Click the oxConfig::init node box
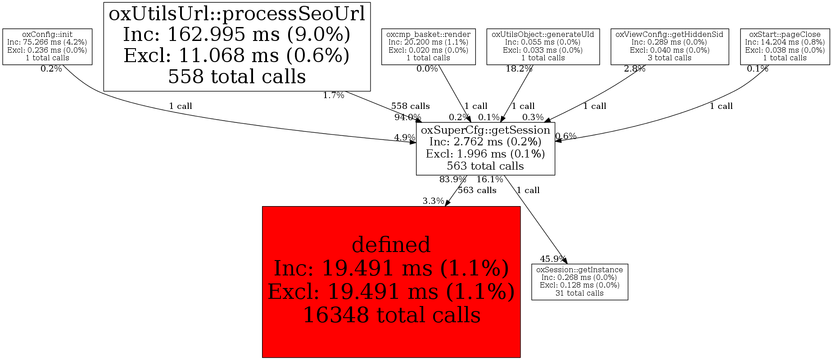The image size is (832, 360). [x=47, y=46]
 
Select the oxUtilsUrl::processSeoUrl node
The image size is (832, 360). [x=237, y=46]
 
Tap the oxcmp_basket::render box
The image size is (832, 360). [x=428, y=46]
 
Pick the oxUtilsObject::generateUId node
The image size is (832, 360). [x=543, y=46]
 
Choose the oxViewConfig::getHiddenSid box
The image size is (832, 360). [x=669, y=46]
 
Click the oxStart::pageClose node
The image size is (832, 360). [x=785, y=46]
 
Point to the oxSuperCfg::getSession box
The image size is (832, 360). [x=485, y=148]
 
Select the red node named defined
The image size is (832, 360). [x=391, y=282]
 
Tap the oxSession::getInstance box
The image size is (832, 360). [x=579, y=282]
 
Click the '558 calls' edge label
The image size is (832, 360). [x=410, y=106]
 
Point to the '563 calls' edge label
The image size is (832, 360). [x=477, y=190]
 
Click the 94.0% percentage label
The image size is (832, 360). [x=407, y=117]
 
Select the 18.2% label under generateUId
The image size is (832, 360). [x=519, y=69]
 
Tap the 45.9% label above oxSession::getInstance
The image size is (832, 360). [x=553, y=259]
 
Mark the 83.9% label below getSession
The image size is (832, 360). [x=452, y=180]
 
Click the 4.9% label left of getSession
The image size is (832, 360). [x=404, y=137]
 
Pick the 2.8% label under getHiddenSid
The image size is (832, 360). [x=634, y=69]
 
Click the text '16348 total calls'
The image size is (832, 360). [x=391, y=315]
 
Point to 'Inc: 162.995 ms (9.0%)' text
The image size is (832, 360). [x=237, y=35]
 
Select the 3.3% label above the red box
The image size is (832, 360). [x=433, y=201]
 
